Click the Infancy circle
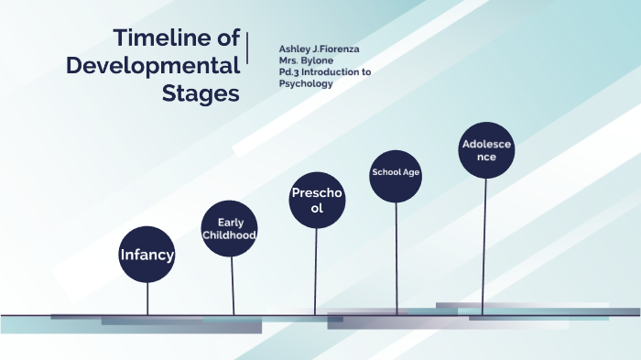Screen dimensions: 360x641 pyautogui.click(x=147, y=254)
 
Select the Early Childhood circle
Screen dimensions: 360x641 pyautogui.click(x=229, y=229)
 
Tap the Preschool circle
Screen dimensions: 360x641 pyautogui.click(x=317, y=201)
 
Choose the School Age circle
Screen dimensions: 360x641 pyautogui.click(x=396, y=174)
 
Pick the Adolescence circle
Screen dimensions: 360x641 pyautogui.click(x=486, y=150)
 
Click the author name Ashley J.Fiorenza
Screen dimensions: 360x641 pyautogui.click(x=320, y=49)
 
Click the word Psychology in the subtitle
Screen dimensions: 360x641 pyautogui.click(x=306, y=83)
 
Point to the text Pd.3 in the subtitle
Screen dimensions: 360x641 pyautogui.click(x=291, y=71)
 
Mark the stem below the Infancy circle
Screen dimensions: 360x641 pyautogui.click(x=147, y=298)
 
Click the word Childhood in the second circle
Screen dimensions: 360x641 pyautogui.click(x=229, y=236)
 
